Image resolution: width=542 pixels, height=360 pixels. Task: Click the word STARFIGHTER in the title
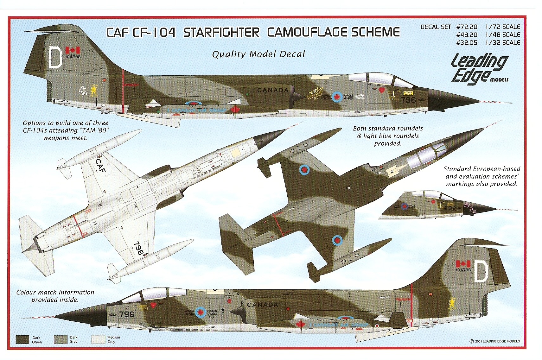(x=221, y=33)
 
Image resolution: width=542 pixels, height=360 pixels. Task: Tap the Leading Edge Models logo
(x=479, y=69)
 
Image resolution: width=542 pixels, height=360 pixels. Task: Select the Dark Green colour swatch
(x=22, y=339)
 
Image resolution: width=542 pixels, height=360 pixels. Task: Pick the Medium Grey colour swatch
(x=98, y=339)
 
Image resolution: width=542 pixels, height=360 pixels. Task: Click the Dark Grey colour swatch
(x=61, y=339)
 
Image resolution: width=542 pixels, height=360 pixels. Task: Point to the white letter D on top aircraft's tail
(x=55, y=57)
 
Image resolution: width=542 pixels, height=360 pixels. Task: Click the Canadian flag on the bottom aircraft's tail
(x=463, y=263)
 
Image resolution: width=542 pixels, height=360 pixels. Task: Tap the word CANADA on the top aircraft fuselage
(x=273, y=90)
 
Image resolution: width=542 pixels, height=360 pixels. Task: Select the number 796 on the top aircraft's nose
(x=408, y=100)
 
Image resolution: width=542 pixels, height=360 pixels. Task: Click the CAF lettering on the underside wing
(x=100, y=165)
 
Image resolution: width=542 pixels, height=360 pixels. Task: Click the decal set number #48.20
(x=467, y=35)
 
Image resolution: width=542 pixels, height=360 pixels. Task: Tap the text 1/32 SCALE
(x=503, y=43)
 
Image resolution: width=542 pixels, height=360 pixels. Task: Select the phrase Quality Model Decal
(x=258, y=54)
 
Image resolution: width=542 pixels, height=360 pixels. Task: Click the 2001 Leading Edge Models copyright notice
(x=494, y=341)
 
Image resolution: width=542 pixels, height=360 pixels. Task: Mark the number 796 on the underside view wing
(x=138, y=248)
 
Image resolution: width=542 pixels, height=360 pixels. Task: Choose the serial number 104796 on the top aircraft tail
(x=73, y=57)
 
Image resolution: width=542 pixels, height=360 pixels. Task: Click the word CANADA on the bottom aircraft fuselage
(x=262, y=305)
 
